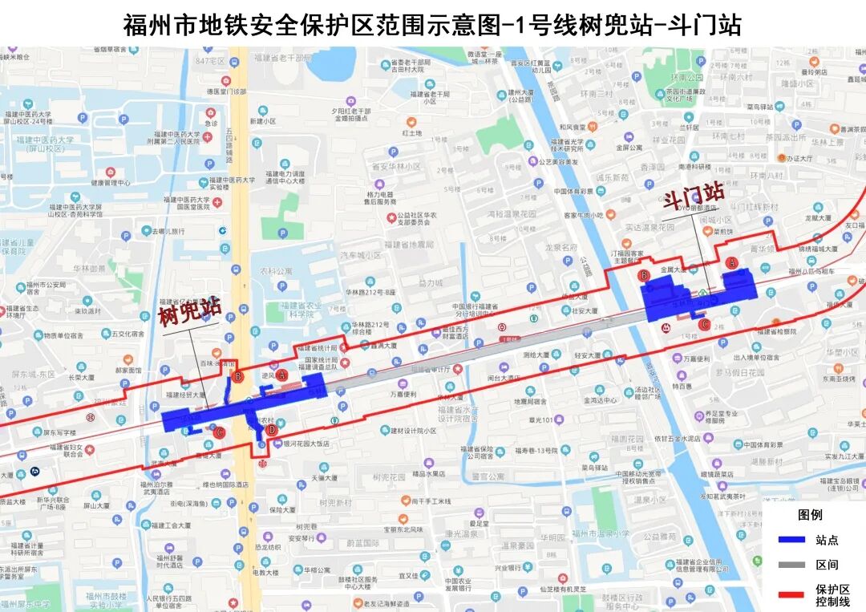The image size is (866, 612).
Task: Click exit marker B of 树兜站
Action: point(237,375)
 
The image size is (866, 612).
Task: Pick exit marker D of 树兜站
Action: point(271,431)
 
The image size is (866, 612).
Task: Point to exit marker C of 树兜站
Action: point(219,432)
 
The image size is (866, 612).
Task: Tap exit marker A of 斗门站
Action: point(730,262)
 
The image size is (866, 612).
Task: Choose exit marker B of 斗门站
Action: point(644,276)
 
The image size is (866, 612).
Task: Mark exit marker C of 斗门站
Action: point(704,325)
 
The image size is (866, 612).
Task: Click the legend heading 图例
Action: point(810,514)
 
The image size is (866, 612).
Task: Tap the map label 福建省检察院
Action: point(775,330)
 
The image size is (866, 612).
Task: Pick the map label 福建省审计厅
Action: point(430,370)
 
